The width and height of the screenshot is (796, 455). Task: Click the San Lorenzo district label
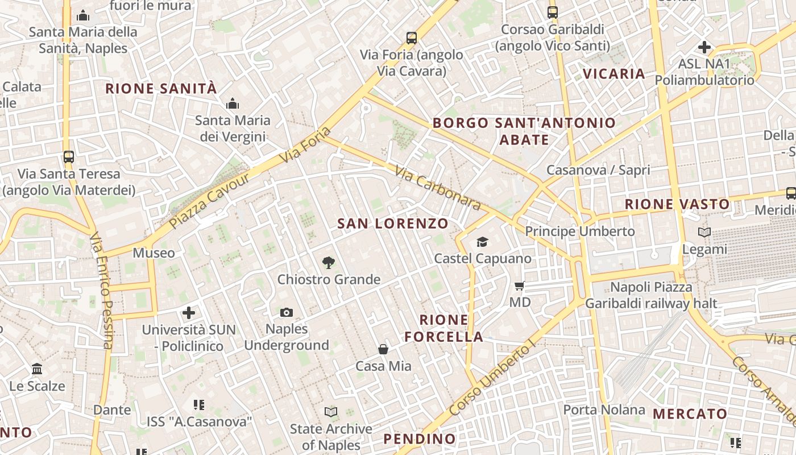393,224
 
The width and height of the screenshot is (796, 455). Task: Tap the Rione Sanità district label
161,89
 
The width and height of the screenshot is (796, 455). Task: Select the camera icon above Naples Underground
287,312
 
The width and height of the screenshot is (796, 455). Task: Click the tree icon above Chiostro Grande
328,263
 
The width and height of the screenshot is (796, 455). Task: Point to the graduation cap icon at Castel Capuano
483,242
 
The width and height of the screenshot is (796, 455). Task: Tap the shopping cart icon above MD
520,286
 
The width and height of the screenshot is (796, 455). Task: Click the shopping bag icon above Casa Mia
383,349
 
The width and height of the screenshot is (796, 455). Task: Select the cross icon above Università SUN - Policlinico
189,313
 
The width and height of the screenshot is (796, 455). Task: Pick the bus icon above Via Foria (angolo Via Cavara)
412,39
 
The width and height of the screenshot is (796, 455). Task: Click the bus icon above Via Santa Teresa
69,157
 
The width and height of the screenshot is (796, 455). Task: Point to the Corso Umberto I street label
492,378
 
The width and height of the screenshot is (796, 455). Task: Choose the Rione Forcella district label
444,328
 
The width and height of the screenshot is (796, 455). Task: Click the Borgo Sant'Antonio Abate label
524,131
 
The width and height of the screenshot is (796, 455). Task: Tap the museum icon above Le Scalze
38,369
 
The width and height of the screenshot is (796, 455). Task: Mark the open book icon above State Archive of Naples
331,411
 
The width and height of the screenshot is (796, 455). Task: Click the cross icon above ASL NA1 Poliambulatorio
704,47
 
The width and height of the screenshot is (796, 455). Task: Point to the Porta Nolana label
604,409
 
